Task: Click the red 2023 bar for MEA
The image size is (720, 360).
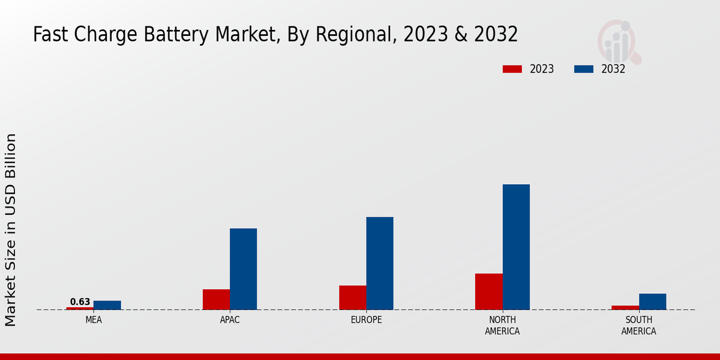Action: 80,308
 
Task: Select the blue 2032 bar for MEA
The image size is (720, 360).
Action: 107,305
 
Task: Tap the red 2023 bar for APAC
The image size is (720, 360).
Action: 216,299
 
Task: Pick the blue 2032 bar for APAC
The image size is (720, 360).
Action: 243,269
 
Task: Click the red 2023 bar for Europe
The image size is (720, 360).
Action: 353,298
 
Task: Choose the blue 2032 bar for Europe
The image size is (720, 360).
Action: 380,263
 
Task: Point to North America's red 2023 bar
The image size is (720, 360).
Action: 489,292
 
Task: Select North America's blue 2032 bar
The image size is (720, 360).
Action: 516,247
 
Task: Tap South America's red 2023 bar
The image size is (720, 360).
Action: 625,308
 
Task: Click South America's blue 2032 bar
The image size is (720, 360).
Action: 652,302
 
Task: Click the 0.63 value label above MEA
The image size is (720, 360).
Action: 80,302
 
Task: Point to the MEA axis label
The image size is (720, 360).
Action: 94,320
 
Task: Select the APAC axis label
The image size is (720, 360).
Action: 230,320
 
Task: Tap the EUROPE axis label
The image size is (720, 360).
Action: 366,320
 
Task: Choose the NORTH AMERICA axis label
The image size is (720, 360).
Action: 502,326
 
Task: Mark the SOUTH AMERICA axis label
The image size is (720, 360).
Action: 638,326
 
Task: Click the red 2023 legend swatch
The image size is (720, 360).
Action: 512,69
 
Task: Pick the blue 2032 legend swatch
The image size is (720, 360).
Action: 584,69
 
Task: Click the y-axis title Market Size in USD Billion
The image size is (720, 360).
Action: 11,230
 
